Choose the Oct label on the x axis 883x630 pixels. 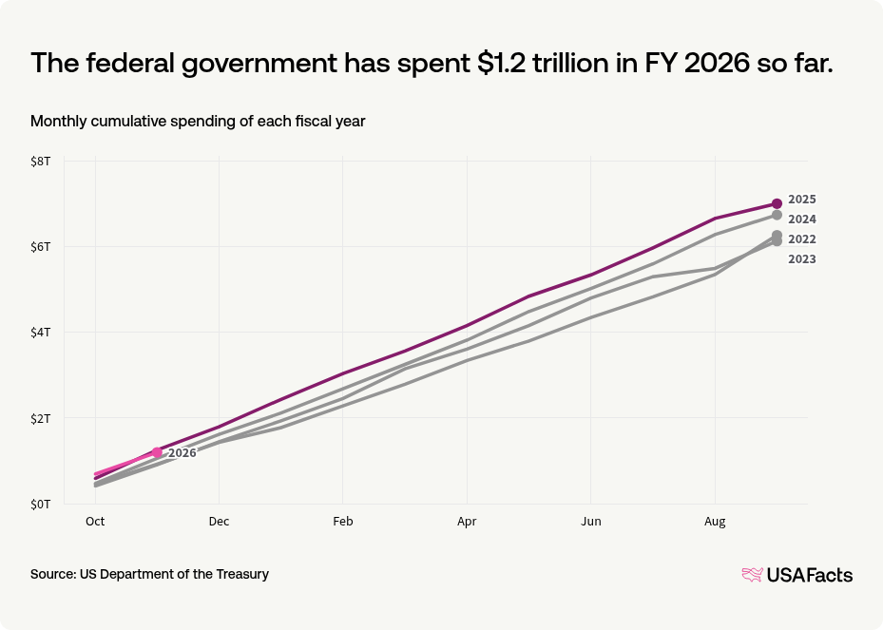tap(95, 522)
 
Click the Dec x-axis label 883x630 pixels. tap(220, 522)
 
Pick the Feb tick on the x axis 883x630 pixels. tap(343, 522)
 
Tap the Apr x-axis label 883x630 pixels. tap(467, 522)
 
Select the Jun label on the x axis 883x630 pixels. tap(591, 522)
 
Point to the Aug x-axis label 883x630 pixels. tap(715, 522)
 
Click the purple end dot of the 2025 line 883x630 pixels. tap(777, 203)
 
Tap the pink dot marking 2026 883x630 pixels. tap(157, 452)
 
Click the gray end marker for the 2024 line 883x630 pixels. tap(777, 216)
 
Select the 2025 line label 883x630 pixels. tap(802, 200)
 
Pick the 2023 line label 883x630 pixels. tap(802, 259)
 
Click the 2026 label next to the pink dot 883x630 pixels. tap(182, 453)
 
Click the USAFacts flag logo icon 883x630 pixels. tap(752, 574)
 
